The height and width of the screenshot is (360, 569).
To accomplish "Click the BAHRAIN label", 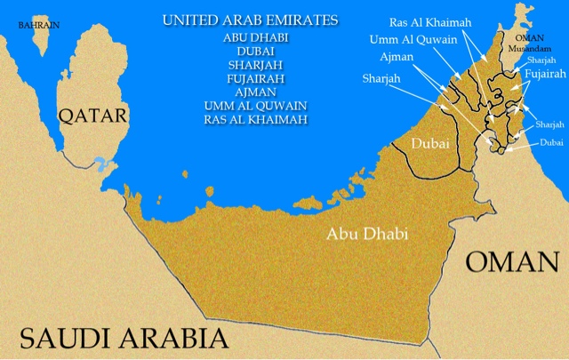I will pos(39,25).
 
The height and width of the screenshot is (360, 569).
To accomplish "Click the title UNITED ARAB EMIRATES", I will pos(250,20).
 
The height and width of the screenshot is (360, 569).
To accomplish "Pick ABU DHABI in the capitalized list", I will pos(250,37).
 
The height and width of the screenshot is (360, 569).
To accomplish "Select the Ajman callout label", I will pos(397,58).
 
